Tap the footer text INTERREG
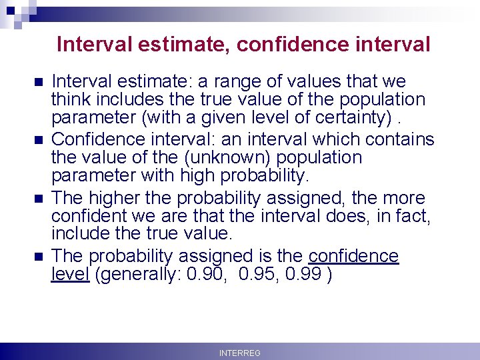(240, 353)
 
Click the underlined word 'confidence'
(355, 256)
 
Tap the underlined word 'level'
(70, 275)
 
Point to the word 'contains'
(401, 139)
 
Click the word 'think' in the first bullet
(70, 100)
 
